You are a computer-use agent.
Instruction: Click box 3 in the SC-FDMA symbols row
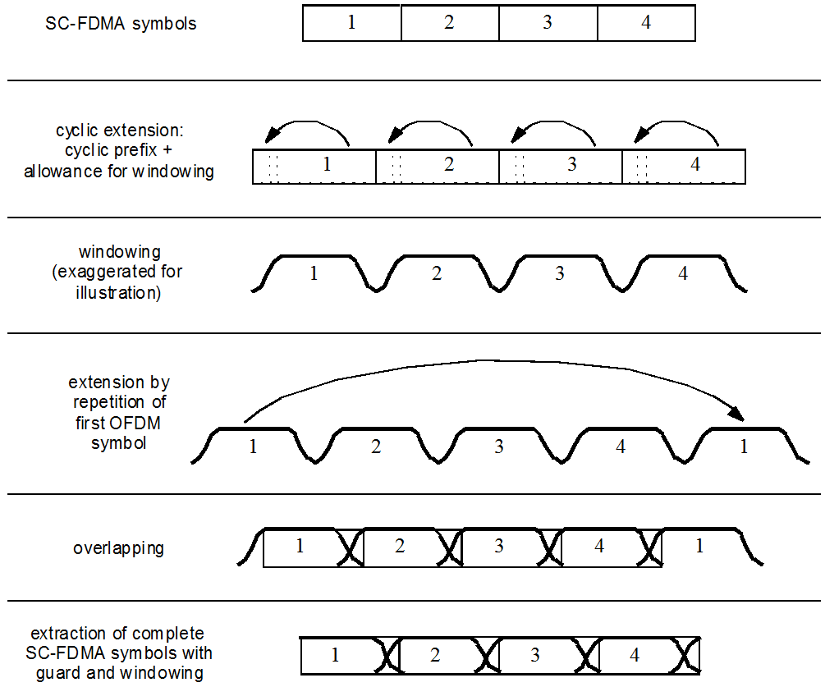(x=548, y=23)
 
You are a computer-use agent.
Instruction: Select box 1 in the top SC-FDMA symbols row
(x=351, y=23)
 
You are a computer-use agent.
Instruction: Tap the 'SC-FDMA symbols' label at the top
(x=121, y=24)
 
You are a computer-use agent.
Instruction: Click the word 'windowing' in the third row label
(x=120, y=252)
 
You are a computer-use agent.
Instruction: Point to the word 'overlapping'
(x=118, y=548)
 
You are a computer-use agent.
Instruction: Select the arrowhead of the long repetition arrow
(x=738, y=414)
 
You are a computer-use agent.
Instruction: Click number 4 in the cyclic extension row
(x=695, y=164)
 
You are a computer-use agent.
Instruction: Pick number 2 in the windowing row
(x=437, y=273)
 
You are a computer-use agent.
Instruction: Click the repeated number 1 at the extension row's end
(x=744, y=447)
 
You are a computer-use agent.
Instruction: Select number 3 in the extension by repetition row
(x=499, y=447)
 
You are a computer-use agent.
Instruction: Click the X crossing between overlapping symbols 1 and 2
(x=350, y=548)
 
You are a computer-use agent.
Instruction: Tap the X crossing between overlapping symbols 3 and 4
(x=548, y=548)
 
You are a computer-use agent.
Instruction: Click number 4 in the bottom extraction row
(x=635, y=655)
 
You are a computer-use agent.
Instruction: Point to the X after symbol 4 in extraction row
(x=686, y=656)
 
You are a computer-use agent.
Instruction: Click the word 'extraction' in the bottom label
(x=58, y=634)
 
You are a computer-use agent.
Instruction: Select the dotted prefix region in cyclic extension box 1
(x=273, y=167)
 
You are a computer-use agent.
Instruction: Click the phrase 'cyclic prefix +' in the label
(x=118, y=151)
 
